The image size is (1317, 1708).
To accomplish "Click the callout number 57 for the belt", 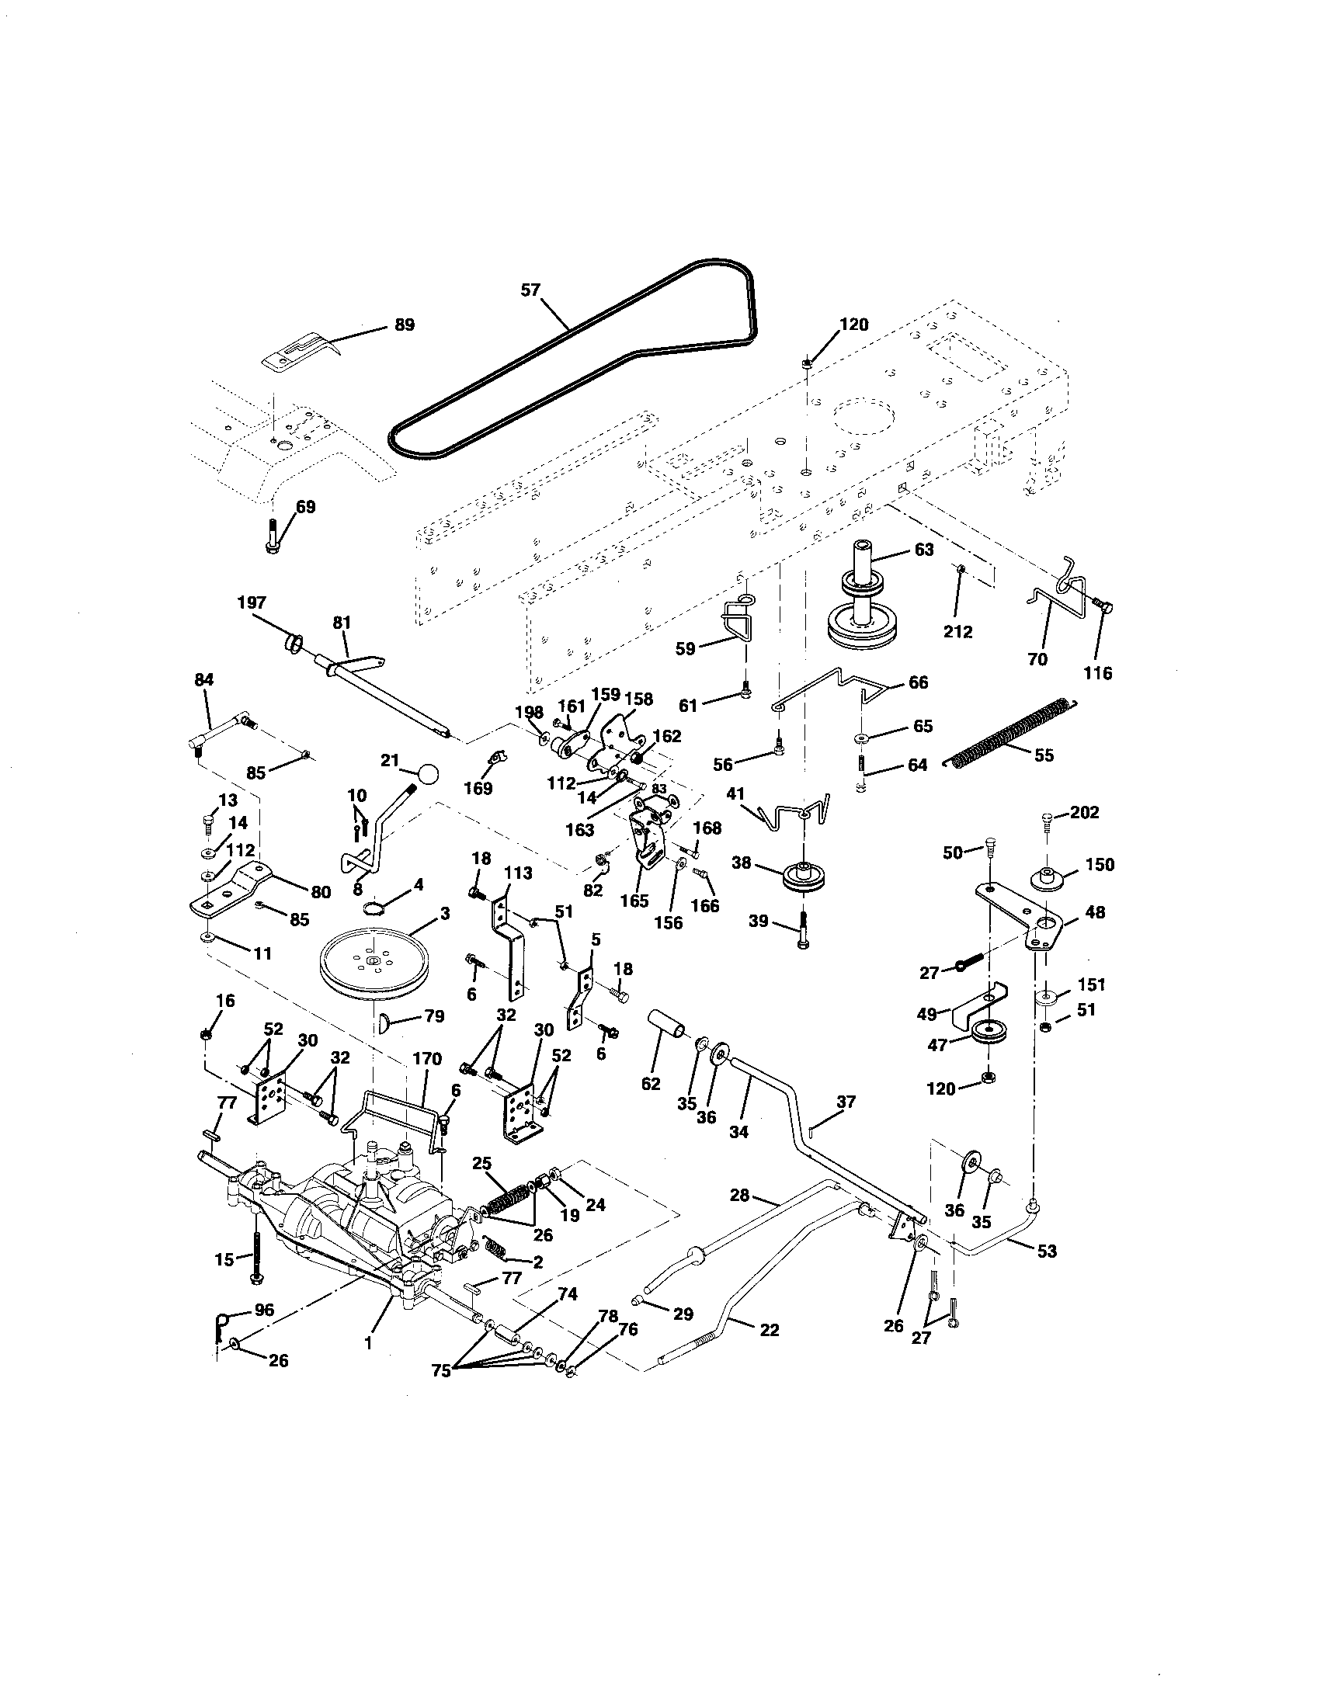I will tap(530, 290).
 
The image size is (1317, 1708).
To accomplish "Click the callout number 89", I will tap(404, 325).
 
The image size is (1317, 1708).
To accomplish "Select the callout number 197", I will tap(252, 602).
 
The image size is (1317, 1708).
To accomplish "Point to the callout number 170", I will tap(428, 1059).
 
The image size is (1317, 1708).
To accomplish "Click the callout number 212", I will tap(957, 631).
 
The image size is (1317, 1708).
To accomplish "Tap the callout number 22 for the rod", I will tap(769, 1329).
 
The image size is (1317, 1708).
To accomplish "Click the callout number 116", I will tap(1098, 672).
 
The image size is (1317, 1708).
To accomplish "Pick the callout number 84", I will tap(203, 679).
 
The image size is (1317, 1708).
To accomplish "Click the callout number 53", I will tap(1047, 1251).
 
